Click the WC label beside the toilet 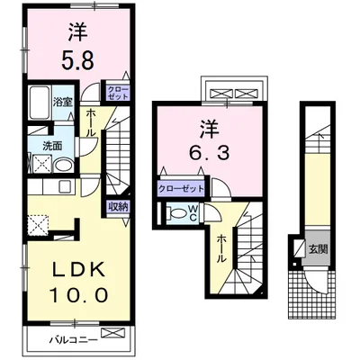tap(191, 213)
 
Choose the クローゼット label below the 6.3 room tap(180, 189)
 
